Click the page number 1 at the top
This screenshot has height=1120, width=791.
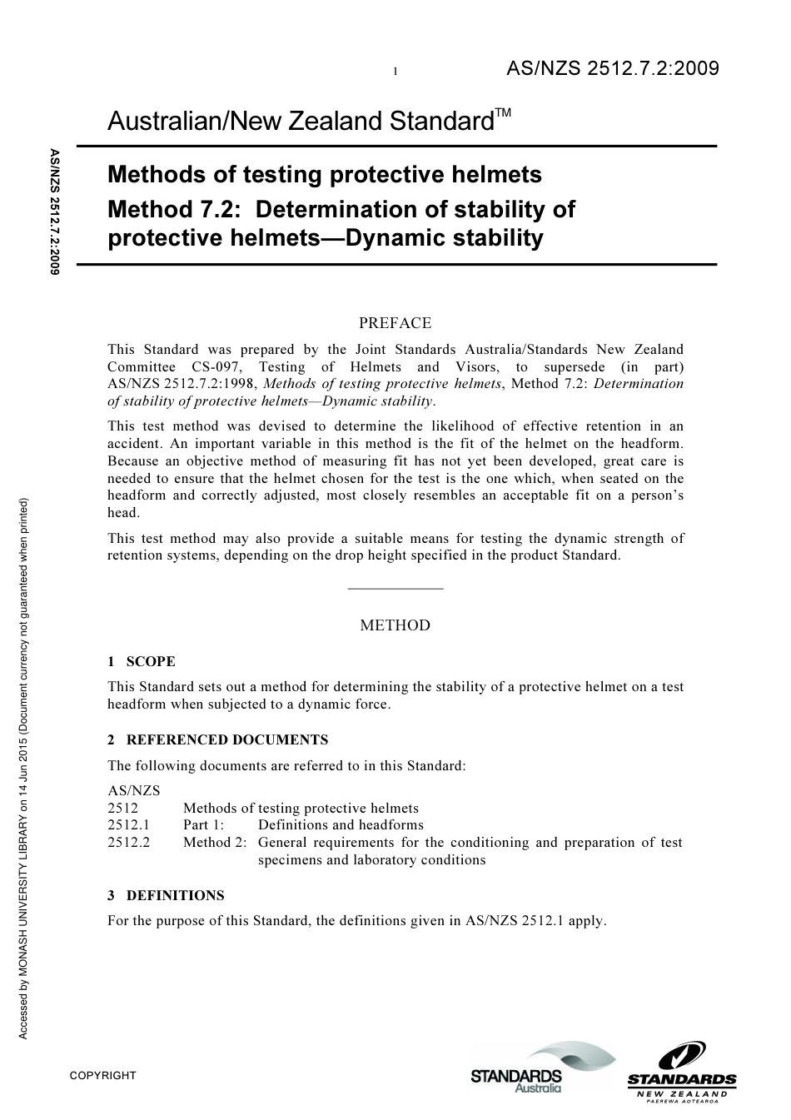(x=395, y=72)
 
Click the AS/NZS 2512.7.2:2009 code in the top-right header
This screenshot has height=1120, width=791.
(x=612, y=69)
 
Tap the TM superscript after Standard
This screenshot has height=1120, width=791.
(x=504, y=112)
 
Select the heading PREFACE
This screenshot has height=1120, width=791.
(x=395, y=323)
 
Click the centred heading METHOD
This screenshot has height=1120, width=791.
(x=395, y=625)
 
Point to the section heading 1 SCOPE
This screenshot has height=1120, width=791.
(x=142, y=662)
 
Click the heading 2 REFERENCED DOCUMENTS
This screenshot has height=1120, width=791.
(x=217, y=739)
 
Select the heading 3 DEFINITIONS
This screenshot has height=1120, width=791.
(x=166, y=895)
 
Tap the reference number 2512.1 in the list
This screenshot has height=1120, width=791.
(x=129, y=825)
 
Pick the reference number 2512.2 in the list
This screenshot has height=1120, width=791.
(x=129, y=842)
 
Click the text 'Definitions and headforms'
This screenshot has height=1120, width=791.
(x=341, y=825)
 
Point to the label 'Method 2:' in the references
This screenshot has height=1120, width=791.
(x=215, y=842)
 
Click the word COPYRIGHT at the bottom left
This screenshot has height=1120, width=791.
(x=102, y=1075)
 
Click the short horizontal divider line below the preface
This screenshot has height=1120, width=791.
(x=395, y=589)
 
